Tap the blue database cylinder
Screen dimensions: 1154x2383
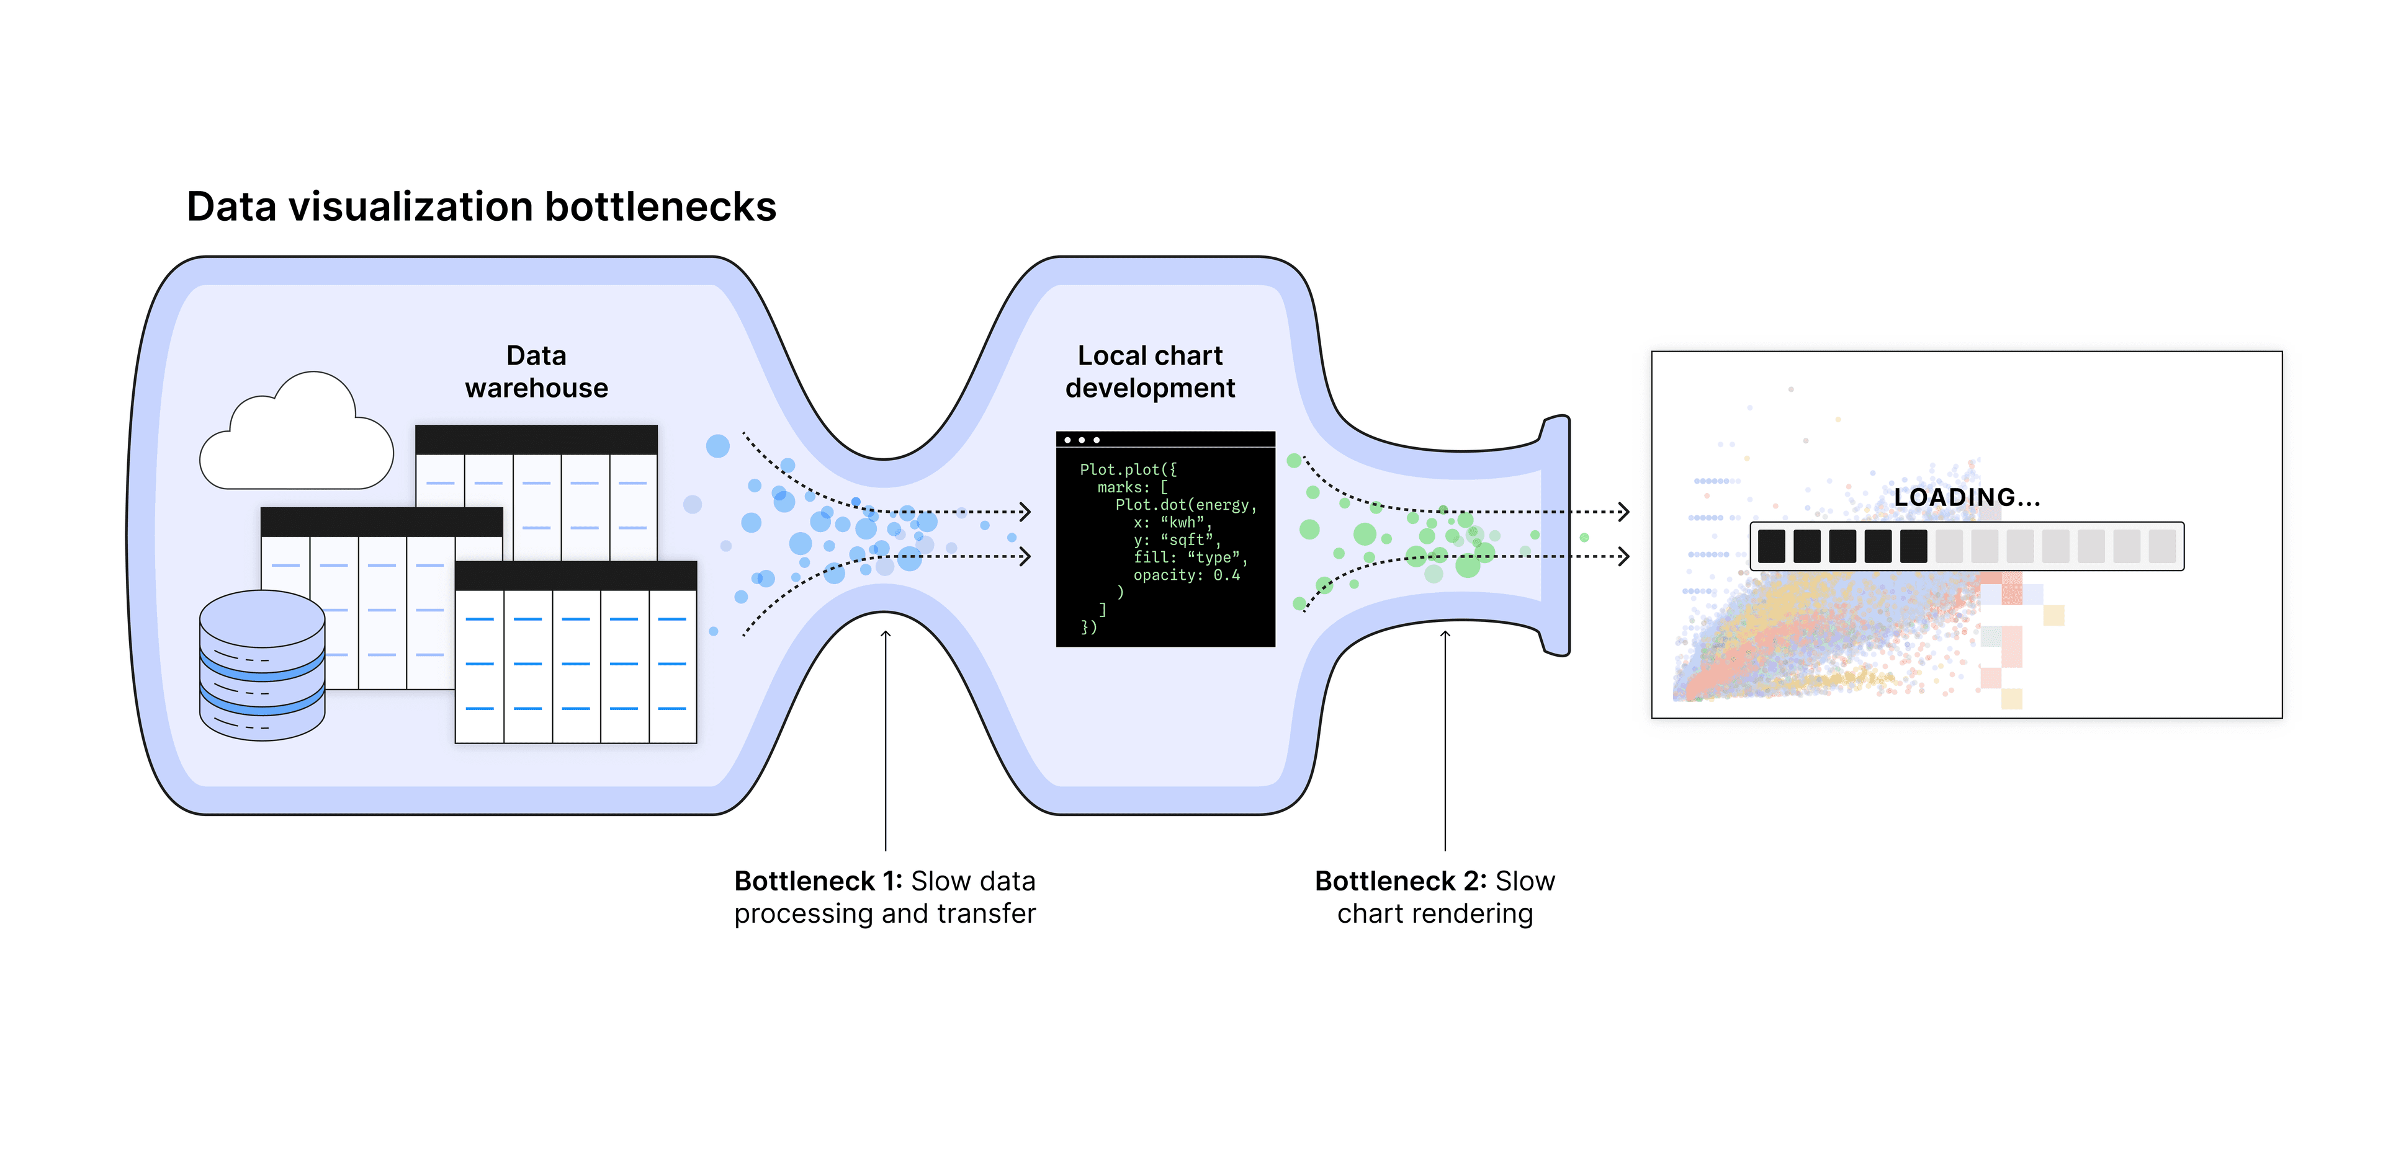click(x=262, y=666)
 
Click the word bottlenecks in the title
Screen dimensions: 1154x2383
click(x=660, y=206)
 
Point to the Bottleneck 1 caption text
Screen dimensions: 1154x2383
click(x=884, y=897)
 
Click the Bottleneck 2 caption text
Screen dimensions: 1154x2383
click(x=1434, y=897)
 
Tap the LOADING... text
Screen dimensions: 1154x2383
click(x=1966, y=497)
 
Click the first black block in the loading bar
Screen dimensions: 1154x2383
click(x=1770, y=546)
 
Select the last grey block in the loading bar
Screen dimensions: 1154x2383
click(x=2162, y=546)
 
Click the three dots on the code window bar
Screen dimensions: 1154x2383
click(x=1082, y=440)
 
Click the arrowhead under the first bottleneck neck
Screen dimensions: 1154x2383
click(x=886, y=634)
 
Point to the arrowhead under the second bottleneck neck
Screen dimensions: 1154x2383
click(x=1445, y=634)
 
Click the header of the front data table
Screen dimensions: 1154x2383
click(x=575, y=576)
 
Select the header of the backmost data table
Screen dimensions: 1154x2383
click(x=537, y=439)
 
